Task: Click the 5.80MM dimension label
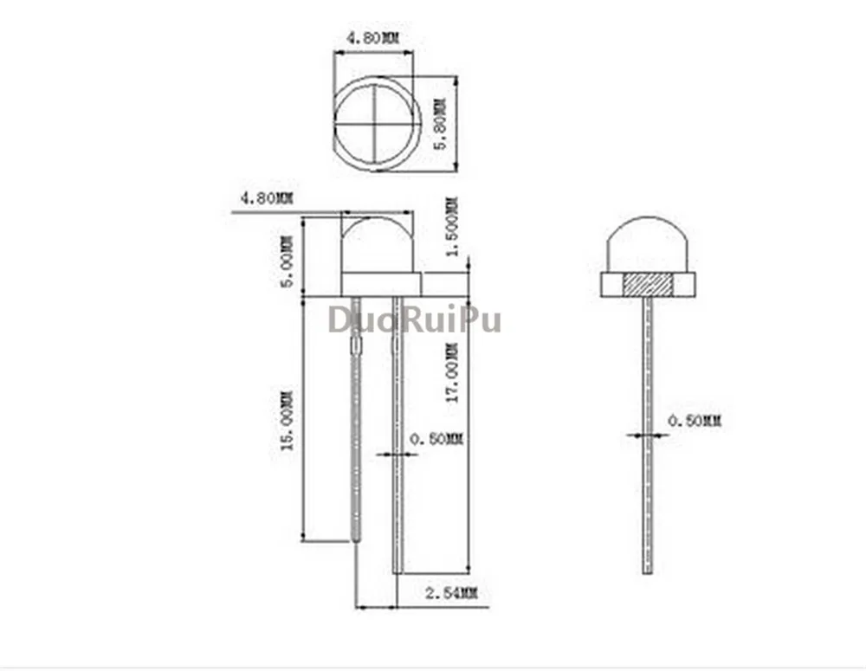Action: click(x=440, y=125)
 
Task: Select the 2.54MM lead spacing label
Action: click(x=450, y=594)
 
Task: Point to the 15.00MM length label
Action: click(x=288, y=421)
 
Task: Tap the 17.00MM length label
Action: click(x=452, y=373)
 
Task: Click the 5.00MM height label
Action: click(x=288, y=261)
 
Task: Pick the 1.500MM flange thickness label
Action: click(x=452, y=227)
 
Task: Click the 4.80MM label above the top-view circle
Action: click(x=372, y=38)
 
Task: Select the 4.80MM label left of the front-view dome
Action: click(x=267, y=197)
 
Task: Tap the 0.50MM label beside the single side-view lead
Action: click(x=695, y=421)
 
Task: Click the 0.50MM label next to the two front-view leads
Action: click(x=436, y=439)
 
